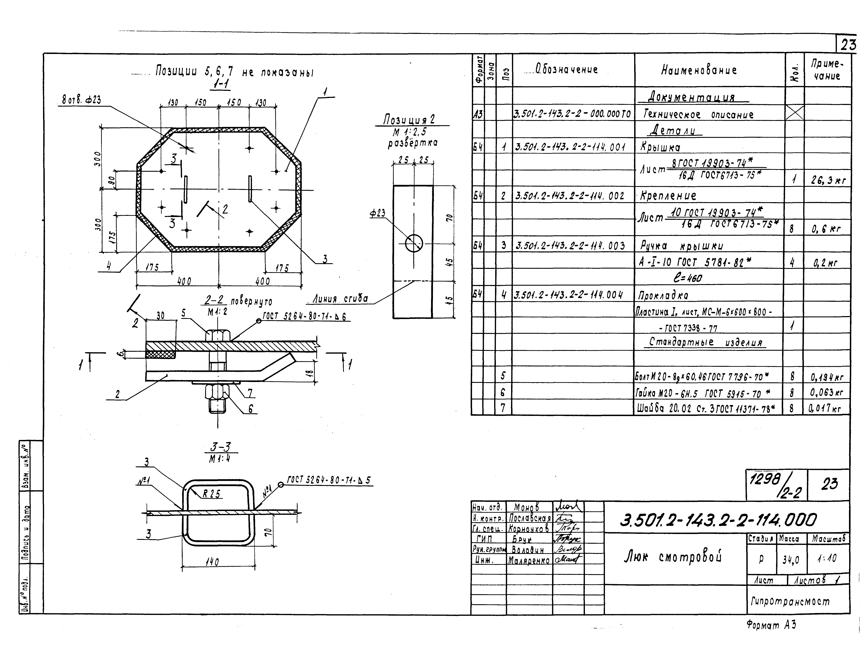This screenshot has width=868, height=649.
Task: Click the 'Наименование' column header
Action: pyautogui.click(x=699, y=70)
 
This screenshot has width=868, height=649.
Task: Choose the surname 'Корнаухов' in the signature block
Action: pyautogui.click(x=529, y=529)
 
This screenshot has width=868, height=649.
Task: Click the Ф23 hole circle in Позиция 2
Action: pyautogui.click(x=414, y=243)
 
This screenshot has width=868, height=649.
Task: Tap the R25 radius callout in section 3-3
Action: pyautogui.click(x=212, y=494)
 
